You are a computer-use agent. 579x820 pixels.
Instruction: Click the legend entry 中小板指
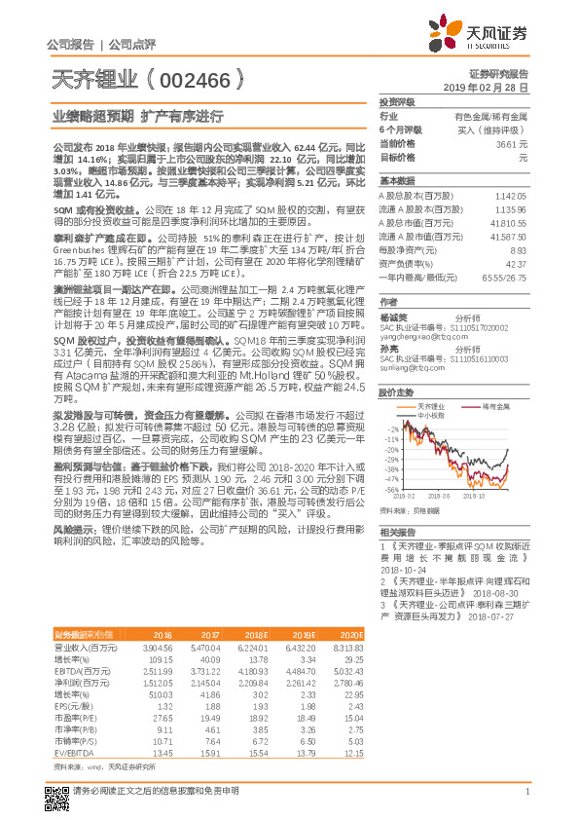431,414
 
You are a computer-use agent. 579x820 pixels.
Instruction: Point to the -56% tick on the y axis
392,490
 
